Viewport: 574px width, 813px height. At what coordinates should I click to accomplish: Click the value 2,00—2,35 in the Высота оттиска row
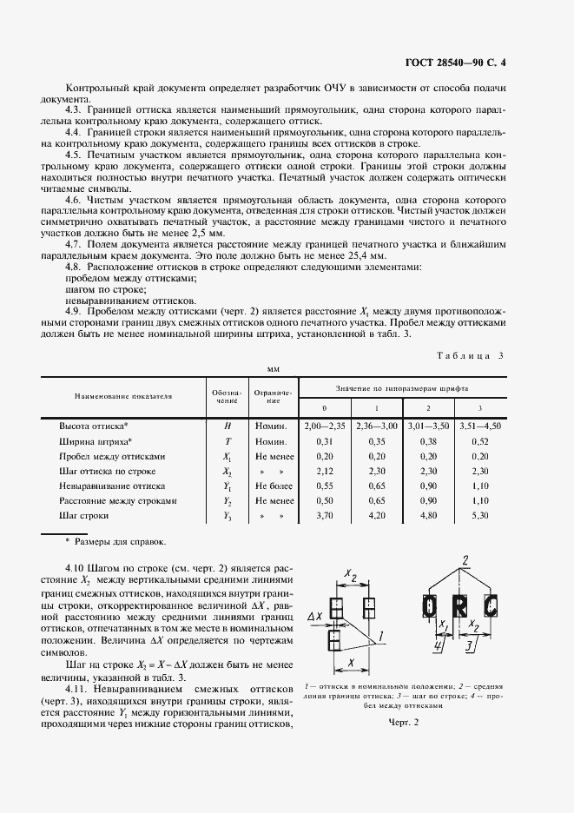pos(325,426)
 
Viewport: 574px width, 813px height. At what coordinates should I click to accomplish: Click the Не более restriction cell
pos(275,486)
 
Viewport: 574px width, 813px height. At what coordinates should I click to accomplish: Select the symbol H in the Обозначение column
pos(227,426)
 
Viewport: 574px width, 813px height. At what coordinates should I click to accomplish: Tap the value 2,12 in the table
pos(325,471)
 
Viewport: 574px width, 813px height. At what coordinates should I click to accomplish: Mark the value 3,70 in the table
pos(325,516)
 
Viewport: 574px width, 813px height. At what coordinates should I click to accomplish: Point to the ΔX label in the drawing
pos(316,618)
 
